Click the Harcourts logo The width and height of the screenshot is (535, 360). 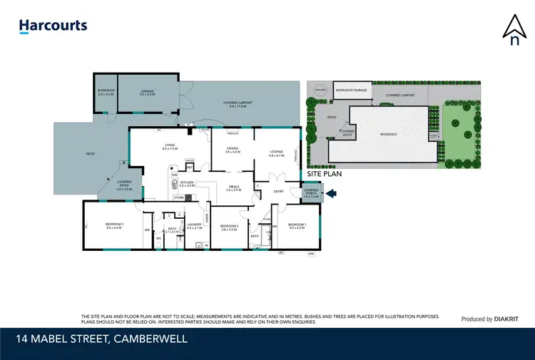pos(53,26)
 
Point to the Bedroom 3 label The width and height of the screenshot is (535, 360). pos(115,226)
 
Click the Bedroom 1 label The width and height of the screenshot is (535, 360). pos(297,226)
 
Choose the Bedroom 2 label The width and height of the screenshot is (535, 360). pos(228,227)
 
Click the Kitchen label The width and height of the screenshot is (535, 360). pos(186,184)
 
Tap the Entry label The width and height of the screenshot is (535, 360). pos(279,191)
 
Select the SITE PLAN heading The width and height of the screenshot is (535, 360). pos(324,173)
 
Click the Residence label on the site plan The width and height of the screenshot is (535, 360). pos(388,134)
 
